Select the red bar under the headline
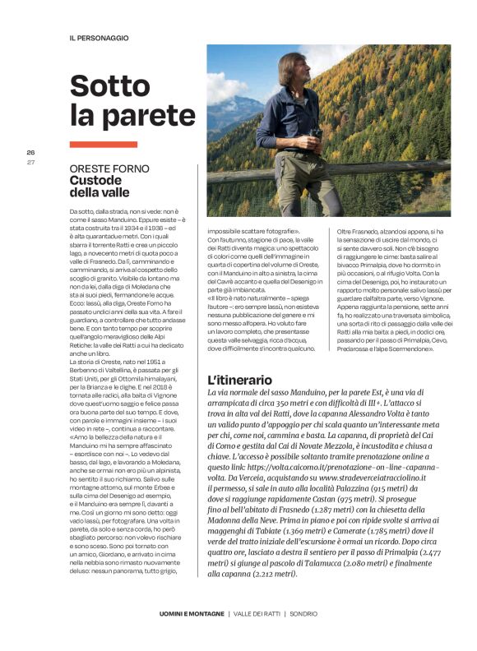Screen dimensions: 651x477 [x=103, y=144]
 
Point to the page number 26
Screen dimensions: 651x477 [x=30, y=153]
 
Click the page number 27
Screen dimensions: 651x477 [x=30, y=162]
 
